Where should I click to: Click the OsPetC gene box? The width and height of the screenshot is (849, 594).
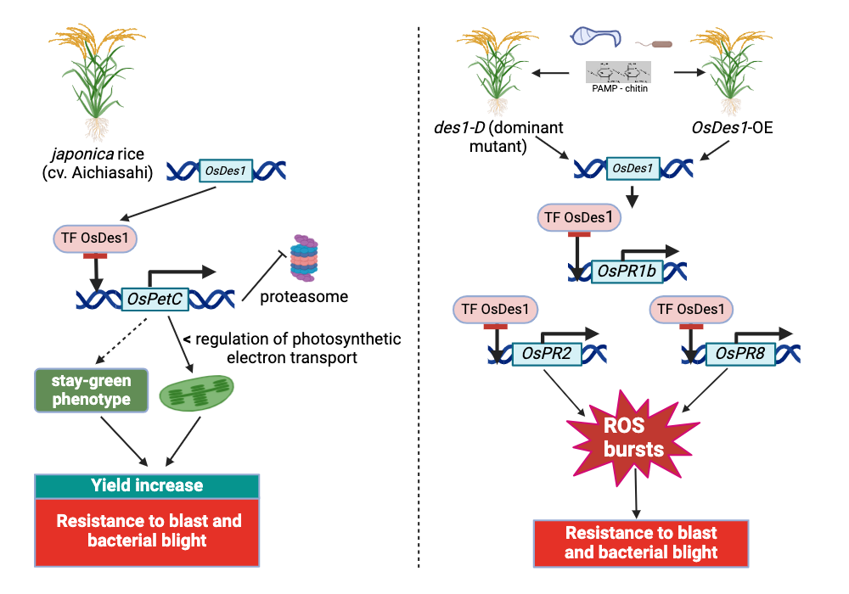tap(155, 300)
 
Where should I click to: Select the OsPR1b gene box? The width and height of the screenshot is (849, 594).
tap(627, 271)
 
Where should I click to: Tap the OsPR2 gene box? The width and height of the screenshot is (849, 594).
tap(546, 354)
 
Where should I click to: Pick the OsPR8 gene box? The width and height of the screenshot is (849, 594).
tap(740, 354)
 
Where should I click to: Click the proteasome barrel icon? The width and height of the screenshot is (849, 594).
tap(304, 258)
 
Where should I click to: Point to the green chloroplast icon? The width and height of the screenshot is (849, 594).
tap(197, 393)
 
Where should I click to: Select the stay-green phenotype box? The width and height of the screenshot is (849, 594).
tap(92, 390)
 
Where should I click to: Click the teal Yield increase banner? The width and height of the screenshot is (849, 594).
tap(147, 485)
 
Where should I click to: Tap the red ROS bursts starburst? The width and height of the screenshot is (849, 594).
tap(633, 438)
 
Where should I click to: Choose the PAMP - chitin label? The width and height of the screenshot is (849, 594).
tap(620, 88)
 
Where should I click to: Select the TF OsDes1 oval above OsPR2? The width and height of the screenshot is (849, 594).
tap(496, 310)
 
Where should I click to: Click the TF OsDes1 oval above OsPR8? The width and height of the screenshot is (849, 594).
tap(691, 310)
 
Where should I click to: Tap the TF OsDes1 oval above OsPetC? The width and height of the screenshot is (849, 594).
tap(95, 238)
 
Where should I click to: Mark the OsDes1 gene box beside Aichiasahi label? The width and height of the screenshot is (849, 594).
tap(226, 171)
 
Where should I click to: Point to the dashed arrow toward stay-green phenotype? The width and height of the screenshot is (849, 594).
tap(121, 341)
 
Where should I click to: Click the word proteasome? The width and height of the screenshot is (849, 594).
tap(304, 297)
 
